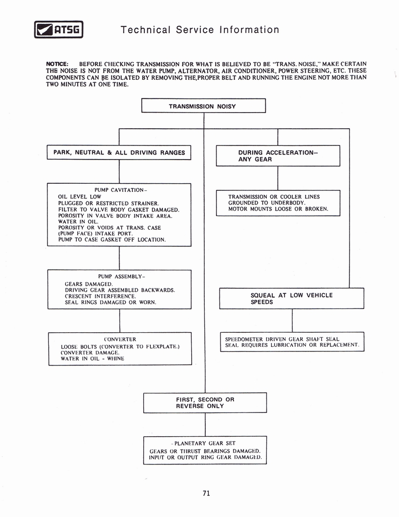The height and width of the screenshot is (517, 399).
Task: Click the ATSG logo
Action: pyautogui.click(x=58, y=30)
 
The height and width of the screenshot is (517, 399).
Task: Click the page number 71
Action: pyautogui.click(x=206, y=493)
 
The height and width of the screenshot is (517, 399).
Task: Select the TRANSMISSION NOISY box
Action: pyautogui.click(x=203, y=107)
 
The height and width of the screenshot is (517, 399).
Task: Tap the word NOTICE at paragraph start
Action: pyautogui.click(x=60, y=64)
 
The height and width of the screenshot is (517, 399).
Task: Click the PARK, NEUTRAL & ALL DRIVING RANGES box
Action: pyautogui.click(x=119, y=152)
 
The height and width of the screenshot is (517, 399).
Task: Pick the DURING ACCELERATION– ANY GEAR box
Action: pyautogui.click(x=278, y=156)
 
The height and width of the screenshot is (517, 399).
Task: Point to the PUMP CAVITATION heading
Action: pyautogui.click(x=120, y=190)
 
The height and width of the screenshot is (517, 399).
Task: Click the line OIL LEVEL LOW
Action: pyautogui.click(x=80, y=196)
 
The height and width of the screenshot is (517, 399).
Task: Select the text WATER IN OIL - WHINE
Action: pyautogui.click(x=92, y=358)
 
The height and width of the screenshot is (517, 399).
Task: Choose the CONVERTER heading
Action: pyautogui.click(x=120, y=339)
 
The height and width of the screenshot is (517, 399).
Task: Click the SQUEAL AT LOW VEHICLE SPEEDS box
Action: pyautogui.click(x=292, y=298)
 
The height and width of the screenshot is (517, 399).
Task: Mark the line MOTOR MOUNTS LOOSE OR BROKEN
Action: pyautogui.click(x=278, y=209)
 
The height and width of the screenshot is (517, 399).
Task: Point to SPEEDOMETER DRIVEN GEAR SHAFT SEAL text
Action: pyautogui.click(x=282, y=339)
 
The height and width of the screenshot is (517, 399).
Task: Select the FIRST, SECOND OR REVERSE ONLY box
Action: pyautogui.click(x=205, y=403)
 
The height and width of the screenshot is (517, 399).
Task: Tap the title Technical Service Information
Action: pyautogui.click(x=200, y=30)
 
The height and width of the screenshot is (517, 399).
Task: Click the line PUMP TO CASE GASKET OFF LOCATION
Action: pyautogui.click(x=112, y=240)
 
